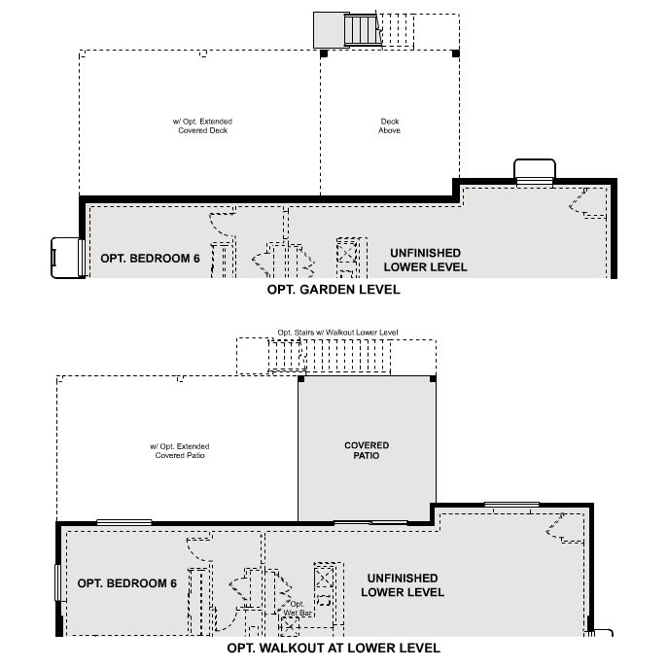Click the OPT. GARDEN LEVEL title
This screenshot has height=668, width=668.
coord(333,290)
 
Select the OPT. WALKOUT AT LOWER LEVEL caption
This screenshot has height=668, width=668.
coord(333,648)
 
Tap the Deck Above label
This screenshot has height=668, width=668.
coord(389,126)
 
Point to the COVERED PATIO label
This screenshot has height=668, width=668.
coord(367,450)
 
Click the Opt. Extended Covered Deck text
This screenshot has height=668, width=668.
coord(202,126)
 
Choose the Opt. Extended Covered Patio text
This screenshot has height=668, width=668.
coord(179,450)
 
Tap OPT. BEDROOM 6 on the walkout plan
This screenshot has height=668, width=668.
coord(126,583)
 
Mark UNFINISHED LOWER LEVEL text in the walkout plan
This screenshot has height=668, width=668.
coord(403,585)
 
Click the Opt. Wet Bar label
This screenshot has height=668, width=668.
coord(298,609)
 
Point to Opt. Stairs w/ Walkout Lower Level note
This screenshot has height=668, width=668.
coord(337,333)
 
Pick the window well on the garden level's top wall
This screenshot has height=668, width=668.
coord(534,172)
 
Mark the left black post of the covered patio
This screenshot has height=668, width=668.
coord(299,376)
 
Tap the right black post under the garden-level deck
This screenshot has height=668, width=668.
coord(457,53)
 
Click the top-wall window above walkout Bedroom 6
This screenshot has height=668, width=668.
coord(123,522)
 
